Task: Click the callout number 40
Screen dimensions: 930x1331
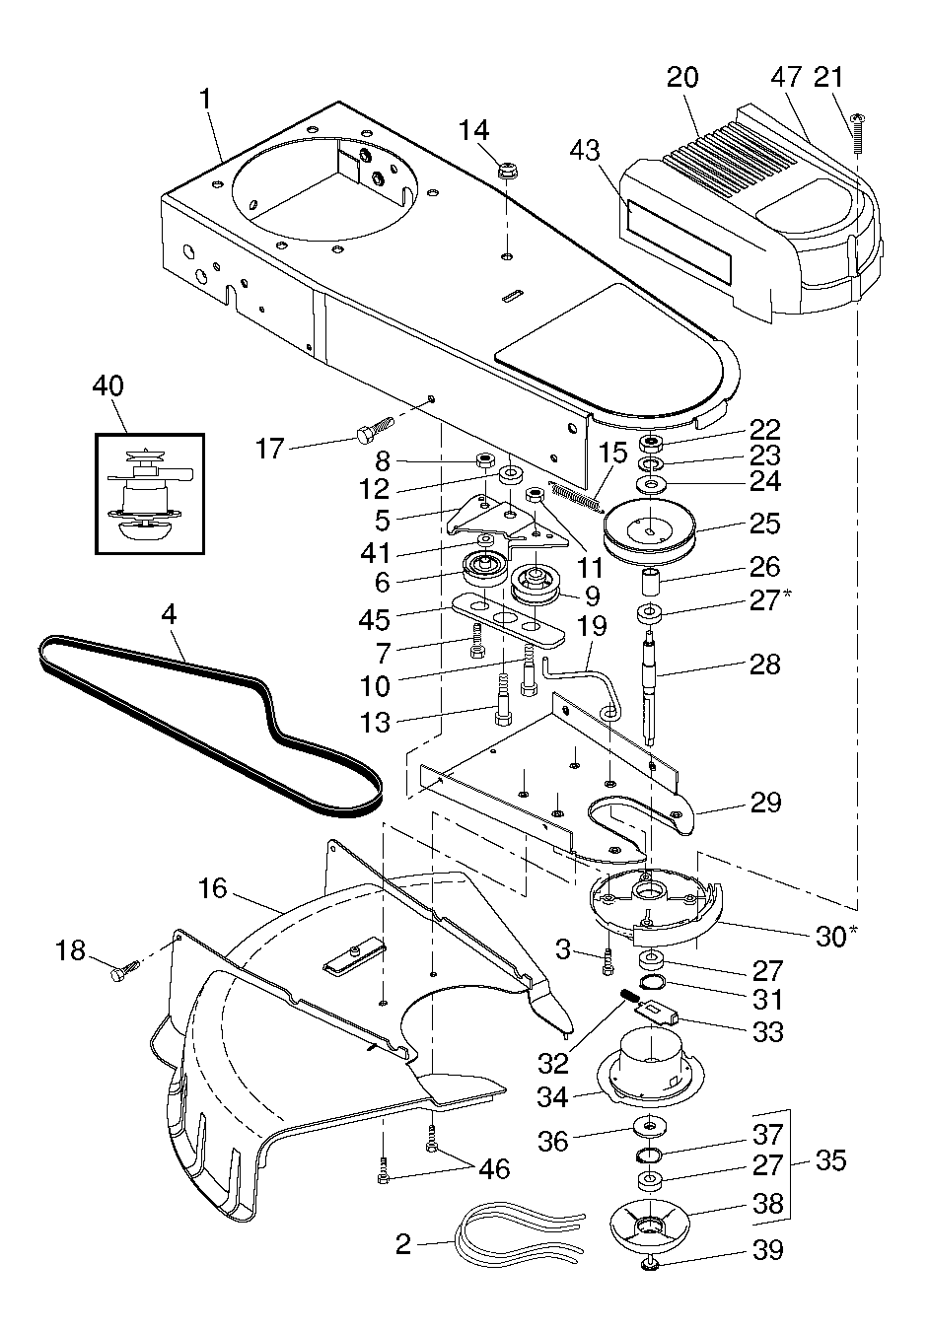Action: (x=108, y=386)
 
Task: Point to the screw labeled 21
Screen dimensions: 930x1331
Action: (x=857, y=133)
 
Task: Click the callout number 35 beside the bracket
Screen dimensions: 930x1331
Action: (x=830, y=1159)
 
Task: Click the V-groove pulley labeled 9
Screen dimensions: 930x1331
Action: (x=535, y=586)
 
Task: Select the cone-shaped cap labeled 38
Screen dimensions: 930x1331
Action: (x=650, y=1217)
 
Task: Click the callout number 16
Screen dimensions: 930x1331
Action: (x=213, y=889)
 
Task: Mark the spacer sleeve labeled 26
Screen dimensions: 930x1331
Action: (x=651, y=583)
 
